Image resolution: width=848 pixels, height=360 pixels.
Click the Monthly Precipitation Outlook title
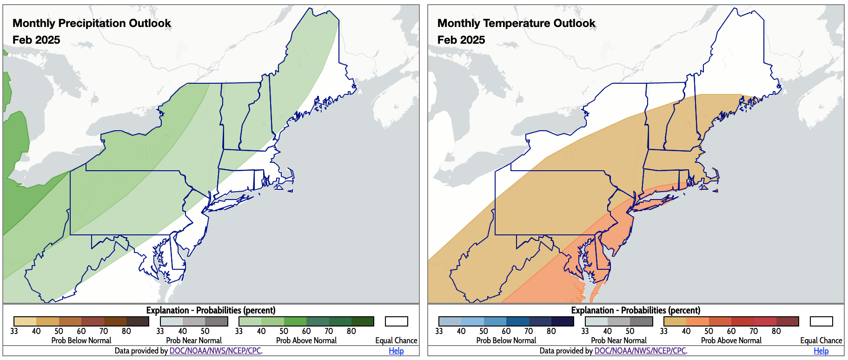[x=92, y=23]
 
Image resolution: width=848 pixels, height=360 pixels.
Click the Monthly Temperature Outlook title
[x=516, y=23]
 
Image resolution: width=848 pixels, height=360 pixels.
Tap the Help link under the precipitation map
[x=396, y=351]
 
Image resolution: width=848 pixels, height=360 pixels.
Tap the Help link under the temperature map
[x=821, y=351]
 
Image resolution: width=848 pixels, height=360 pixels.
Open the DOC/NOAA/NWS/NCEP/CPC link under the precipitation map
[x=215, y=351]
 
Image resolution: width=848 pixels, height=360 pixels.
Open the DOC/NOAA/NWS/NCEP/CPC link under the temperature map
[x=640, y=351]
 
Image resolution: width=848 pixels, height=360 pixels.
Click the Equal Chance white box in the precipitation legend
[x=396, y=321]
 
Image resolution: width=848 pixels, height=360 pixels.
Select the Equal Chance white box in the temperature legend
[x=821, y=321]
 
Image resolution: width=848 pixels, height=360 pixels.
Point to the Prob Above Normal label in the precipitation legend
[x=306, y=340]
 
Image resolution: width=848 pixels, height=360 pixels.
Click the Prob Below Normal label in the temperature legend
[x=506, y=340]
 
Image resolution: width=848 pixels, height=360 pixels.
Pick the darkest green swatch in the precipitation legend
[x=363, y=321]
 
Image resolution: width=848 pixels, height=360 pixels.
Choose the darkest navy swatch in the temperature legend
[x=563, y=321]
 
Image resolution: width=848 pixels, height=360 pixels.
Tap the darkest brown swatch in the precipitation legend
[x=138, y=321]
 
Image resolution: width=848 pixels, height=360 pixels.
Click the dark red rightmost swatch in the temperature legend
[x=788, y=321]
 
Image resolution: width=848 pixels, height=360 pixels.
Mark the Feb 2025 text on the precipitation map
[x=36, y=40]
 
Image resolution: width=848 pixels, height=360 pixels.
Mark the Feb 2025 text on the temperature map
[x=461, y=40]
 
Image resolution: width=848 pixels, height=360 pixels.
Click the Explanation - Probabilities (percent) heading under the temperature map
[x=636, y=310]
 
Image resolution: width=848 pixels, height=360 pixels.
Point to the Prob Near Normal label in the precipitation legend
[x=194, y=340]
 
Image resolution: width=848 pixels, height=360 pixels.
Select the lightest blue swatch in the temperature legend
[x=450, y=321]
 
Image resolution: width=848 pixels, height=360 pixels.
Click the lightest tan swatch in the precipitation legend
[x=25, y=321]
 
